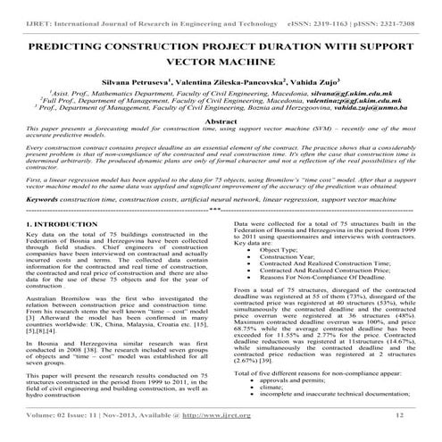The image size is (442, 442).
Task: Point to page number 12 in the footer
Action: (x=400, y=414)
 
